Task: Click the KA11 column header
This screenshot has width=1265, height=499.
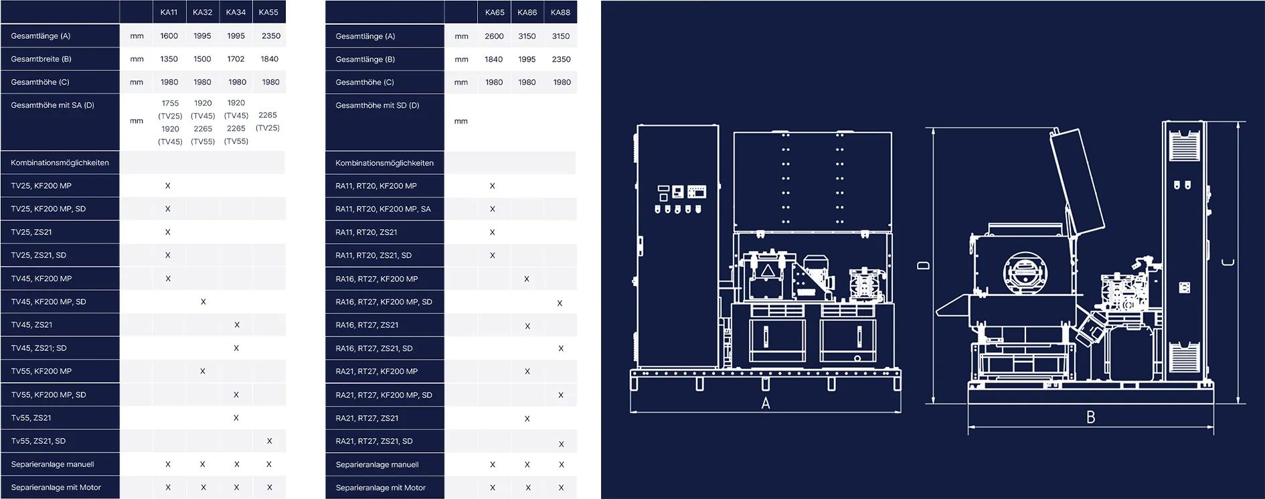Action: point(169,12)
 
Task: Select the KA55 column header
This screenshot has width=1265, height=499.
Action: point(268,12)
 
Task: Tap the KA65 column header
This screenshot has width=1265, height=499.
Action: point(495,12)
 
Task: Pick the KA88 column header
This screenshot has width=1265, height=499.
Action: point(560,12)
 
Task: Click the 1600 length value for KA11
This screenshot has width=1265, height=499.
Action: point(169,36)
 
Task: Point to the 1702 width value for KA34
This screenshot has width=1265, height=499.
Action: point(236,59)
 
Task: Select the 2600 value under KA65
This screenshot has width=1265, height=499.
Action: point(494,36)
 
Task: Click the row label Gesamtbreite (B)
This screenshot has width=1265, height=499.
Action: point(41,59)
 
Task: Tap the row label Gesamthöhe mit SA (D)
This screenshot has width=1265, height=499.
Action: point(52,105)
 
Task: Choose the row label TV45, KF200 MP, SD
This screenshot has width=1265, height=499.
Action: point(48,302)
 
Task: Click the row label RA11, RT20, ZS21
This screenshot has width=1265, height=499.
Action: point(366,232)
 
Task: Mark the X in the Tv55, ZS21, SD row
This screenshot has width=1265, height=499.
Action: point(269,441)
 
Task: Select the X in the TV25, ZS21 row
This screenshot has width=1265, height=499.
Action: point(167,232)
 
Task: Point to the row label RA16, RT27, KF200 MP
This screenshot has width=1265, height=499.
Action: point(376,279)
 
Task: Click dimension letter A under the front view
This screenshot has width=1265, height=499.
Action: point(766,403)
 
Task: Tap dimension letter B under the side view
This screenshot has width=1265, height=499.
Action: point(1090,417)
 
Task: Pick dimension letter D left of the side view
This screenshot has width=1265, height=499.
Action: point(923,265)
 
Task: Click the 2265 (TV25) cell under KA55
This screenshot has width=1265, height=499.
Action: point(268,121)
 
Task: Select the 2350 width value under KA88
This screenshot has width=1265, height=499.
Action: point(561,59)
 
